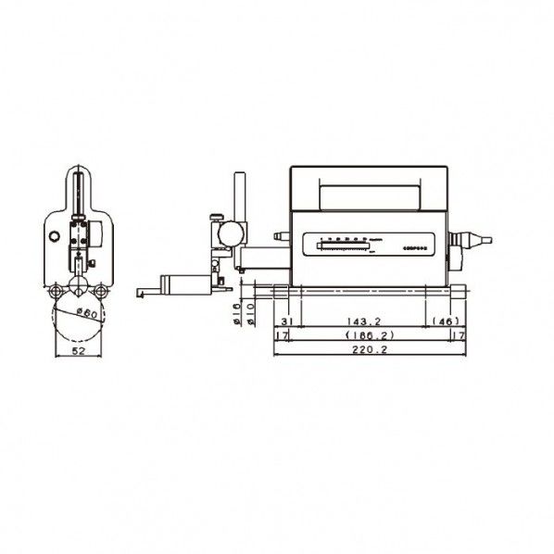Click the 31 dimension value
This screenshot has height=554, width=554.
(285, 321)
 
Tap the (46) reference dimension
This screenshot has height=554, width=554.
(447, 321)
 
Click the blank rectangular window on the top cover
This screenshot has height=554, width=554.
(368, 196)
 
